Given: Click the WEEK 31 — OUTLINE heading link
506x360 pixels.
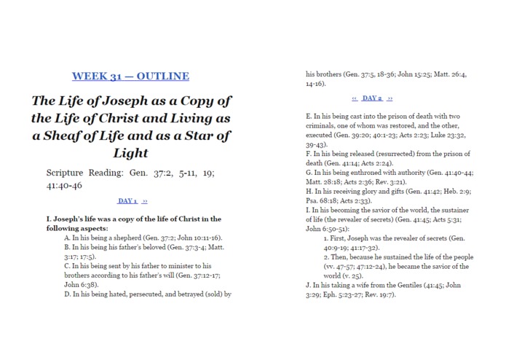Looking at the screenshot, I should click(x=130, y=76).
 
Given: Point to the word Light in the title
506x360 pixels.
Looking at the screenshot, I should click(x=130, y=153).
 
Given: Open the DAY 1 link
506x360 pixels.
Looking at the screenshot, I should click(x=127, y=201).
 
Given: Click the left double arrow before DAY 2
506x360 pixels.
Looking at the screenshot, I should click(x=355, y=98).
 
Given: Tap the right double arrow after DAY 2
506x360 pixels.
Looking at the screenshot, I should click(x=390, y=98).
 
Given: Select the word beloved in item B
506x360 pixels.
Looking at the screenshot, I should click(x=165, y=247).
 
